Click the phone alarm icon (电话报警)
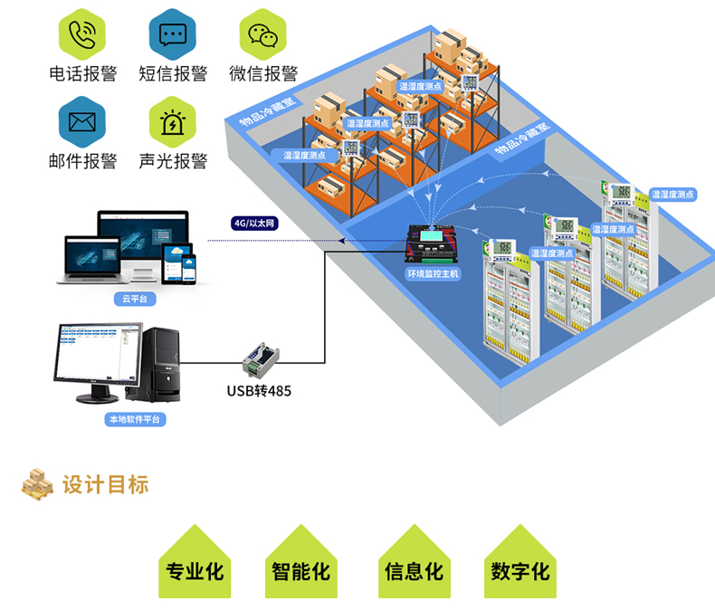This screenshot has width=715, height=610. (x=82, y=34)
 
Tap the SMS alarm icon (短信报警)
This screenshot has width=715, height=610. (x=173, y=34)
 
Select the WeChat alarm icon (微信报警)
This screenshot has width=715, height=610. (x=263, y=34)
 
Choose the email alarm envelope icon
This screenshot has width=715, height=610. (x=82, y=122)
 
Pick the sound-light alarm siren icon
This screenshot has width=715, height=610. (x=173, y=122)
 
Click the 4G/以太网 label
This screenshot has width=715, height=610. (x=254, y=223)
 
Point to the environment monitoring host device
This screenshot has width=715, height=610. (x=431, y=244)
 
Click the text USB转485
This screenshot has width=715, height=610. (x=259, y=391)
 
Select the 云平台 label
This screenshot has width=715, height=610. (x=135, y=298)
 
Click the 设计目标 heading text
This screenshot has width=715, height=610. (x=105, y=484)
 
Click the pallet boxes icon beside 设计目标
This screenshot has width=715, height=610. (x=38, y=485)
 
